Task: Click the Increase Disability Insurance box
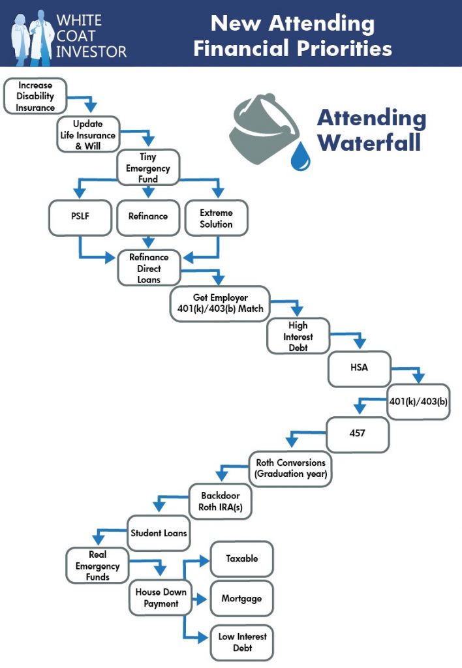point(35,96)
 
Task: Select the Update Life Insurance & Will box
point(88,134)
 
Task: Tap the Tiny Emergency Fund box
point(148,168)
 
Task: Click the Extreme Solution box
point(216,218)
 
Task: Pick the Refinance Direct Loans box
point(148,268)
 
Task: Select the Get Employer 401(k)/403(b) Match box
point(219,303)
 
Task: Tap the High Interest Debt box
point(298,337)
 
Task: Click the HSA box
point(358,367)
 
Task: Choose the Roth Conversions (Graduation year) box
point(290,468)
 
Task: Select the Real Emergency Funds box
point(97,565)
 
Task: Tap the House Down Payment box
point(161,598)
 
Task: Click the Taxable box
point(241,558)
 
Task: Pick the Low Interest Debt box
point(241,642)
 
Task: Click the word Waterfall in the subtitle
point(371,142)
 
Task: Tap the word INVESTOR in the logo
point(91,50)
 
